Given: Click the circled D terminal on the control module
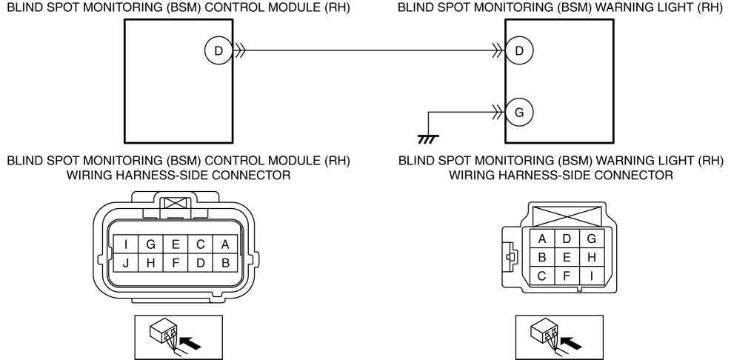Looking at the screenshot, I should (x=218, y=51).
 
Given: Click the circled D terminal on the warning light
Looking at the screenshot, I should (x=519, y=51).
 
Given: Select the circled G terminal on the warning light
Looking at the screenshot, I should (x=519, y=113).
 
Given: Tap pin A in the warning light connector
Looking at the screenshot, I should (x=542, y=239).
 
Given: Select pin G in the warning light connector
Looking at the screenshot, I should (x=590, y=239).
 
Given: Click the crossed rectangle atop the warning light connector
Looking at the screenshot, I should (x=567, y=217).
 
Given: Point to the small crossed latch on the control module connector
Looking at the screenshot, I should (x=176, y=202).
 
